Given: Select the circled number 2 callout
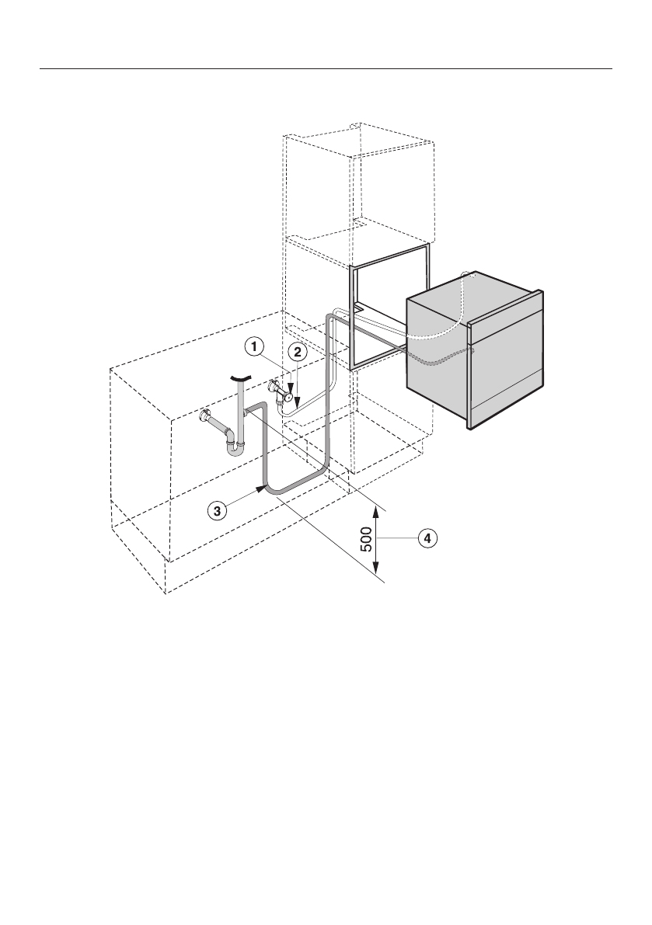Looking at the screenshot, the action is pyautogui.click(x=296, y=352).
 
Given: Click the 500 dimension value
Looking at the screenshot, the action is pyautogui.click(x=368, y=537).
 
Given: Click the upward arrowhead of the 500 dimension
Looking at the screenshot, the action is pyautogui.click(x=377, y=511).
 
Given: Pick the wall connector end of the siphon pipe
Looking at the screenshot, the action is pyautogui.click(x=207, y=416).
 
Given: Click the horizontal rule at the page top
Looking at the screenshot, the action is pyautogui.click(x=326, y=68).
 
